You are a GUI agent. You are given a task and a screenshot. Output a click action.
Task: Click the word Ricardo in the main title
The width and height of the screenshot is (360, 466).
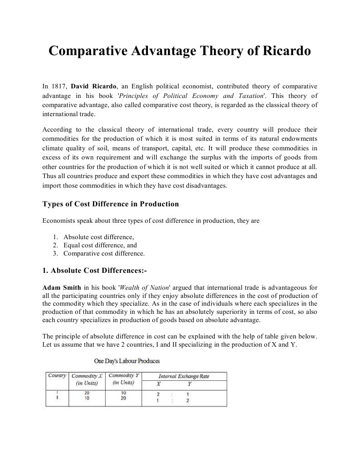[286, 51]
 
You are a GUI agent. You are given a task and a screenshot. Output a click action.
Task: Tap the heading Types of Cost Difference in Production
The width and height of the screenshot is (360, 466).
[111, 204]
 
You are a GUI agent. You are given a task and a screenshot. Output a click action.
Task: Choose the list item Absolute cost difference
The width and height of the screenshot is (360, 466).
[99, 237]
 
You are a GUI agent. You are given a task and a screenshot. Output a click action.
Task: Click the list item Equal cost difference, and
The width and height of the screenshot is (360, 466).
[100, 245]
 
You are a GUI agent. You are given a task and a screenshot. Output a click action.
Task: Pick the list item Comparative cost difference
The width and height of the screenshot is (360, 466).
[104, 253]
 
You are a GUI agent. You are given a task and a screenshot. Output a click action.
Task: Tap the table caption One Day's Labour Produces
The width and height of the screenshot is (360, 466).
[127, 361]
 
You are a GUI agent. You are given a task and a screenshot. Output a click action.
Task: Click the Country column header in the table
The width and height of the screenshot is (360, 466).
[57, 376]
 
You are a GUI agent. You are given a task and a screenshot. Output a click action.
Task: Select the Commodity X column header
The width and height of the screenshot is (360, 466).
[87, 379]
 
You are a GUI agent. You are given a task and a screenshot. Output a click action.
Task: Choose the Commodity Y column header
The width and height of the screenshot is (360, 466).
[123, 379]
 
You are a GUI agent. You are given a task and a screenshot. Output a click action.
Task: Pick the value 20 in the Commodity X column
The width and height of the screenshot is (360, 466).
[86, 392]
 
